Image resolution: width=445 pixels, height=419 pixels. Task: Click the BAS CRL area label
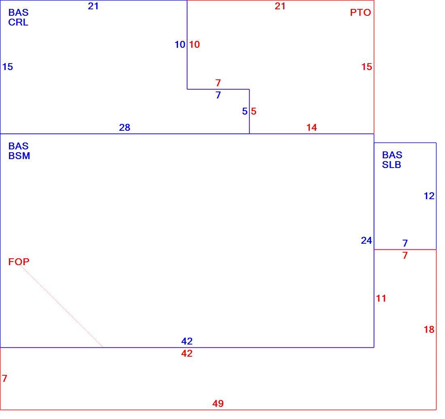coord(19,17)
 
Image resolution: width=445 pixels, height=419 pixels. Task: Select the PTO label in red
coord(360,13)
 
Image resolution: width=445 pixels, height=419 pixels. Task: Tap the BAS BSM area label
coord(19,151)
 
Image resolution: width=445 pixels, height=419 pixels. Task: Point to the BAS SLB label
coord(392,160)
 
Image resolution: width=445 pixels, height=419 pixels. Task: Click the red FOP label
coord(19,262)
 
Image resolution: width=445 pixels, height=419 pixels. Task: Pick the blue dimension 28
coord(125,128)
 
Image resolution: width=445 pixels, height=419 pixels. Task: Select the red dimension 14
coord(311,128)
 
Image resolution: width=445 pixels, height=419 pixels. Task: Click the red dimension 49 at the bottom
coord(218,403)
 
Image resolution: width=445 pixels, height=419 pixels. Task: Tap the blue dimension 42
coord(187,341)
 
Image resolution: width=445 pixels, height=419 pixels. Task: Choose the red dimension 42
coord(187,353)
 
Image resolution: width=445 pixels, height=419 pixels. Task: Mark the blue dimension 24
coord(367,240)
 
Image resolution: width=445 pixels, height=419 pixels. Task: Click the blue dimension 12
coord(429,196)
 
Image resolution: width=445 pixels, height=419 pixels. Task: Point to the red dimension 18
coord(429,330)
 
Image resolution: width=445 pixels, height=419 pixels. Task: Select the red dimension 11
coord(381,298)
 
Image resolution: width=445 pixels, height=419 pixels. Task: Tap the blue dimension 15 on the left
coord(8,67)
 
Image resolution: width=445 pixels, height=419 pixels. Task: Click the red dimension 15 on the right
coord(367,67)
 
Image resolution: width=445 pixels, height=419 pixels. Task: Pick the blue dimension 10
coord(180,45)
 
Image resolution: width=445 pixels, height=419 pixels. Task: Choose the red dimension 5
coord(254,111)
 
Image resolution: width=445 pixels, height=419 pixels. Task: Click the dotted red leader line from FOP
coord(61,306)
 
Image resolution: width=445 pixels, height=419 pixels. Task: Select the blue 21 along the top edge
coord(93,6)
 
